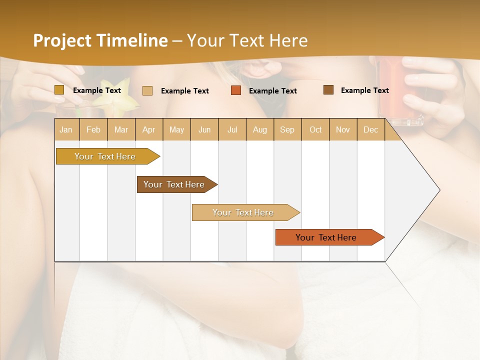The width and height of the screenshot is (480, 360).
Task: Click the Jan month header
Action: (66, 129)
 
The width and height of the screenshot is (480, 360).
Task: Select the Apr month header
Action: (149, 129)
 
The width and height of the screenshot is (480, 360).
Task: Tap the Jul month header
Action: (232, 129)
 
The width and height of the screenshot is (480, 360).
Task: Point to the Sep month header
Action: (287, 129)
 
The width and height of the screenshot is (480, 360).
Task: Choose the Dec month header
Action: (371, 129)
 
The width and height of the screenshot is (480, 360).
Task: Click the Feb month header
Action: (93, 129)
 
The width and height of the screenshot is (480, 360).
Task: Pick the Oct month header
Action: (315, 129)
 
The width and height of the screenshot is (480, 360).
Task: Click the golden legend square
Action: (59, 90)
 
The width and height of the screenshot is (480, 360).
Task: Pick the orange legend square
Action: (236, 90)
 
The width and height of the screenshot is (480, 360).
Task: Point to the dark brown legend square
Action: (328, 90)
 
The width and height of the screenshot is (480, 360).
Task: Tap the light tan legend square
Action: (147, 90)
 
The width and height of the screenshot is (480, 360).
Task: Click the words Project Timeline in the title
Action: (100, 40)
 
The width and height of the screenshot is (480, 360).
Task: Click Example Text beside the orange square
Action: (272, 91)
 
